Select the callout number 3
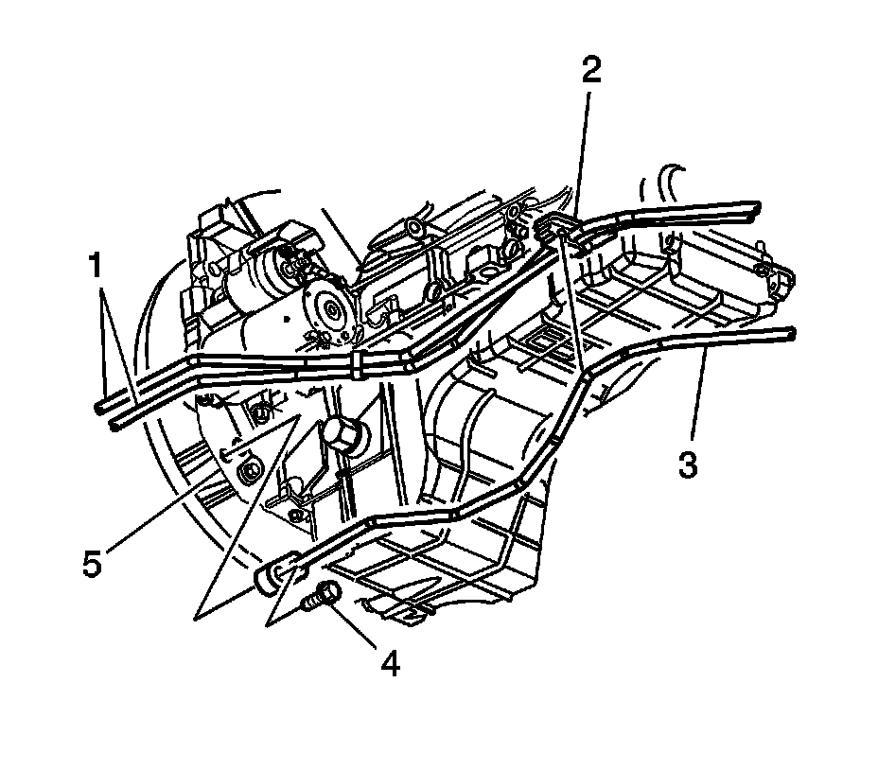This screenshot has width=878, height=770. [688, 465]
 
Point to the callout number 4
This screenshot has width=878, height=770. [390, 663]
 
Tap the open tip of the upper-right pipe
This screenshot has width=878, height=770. [755, 206]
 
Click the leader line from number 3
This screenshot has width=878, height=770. [698, 402]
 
